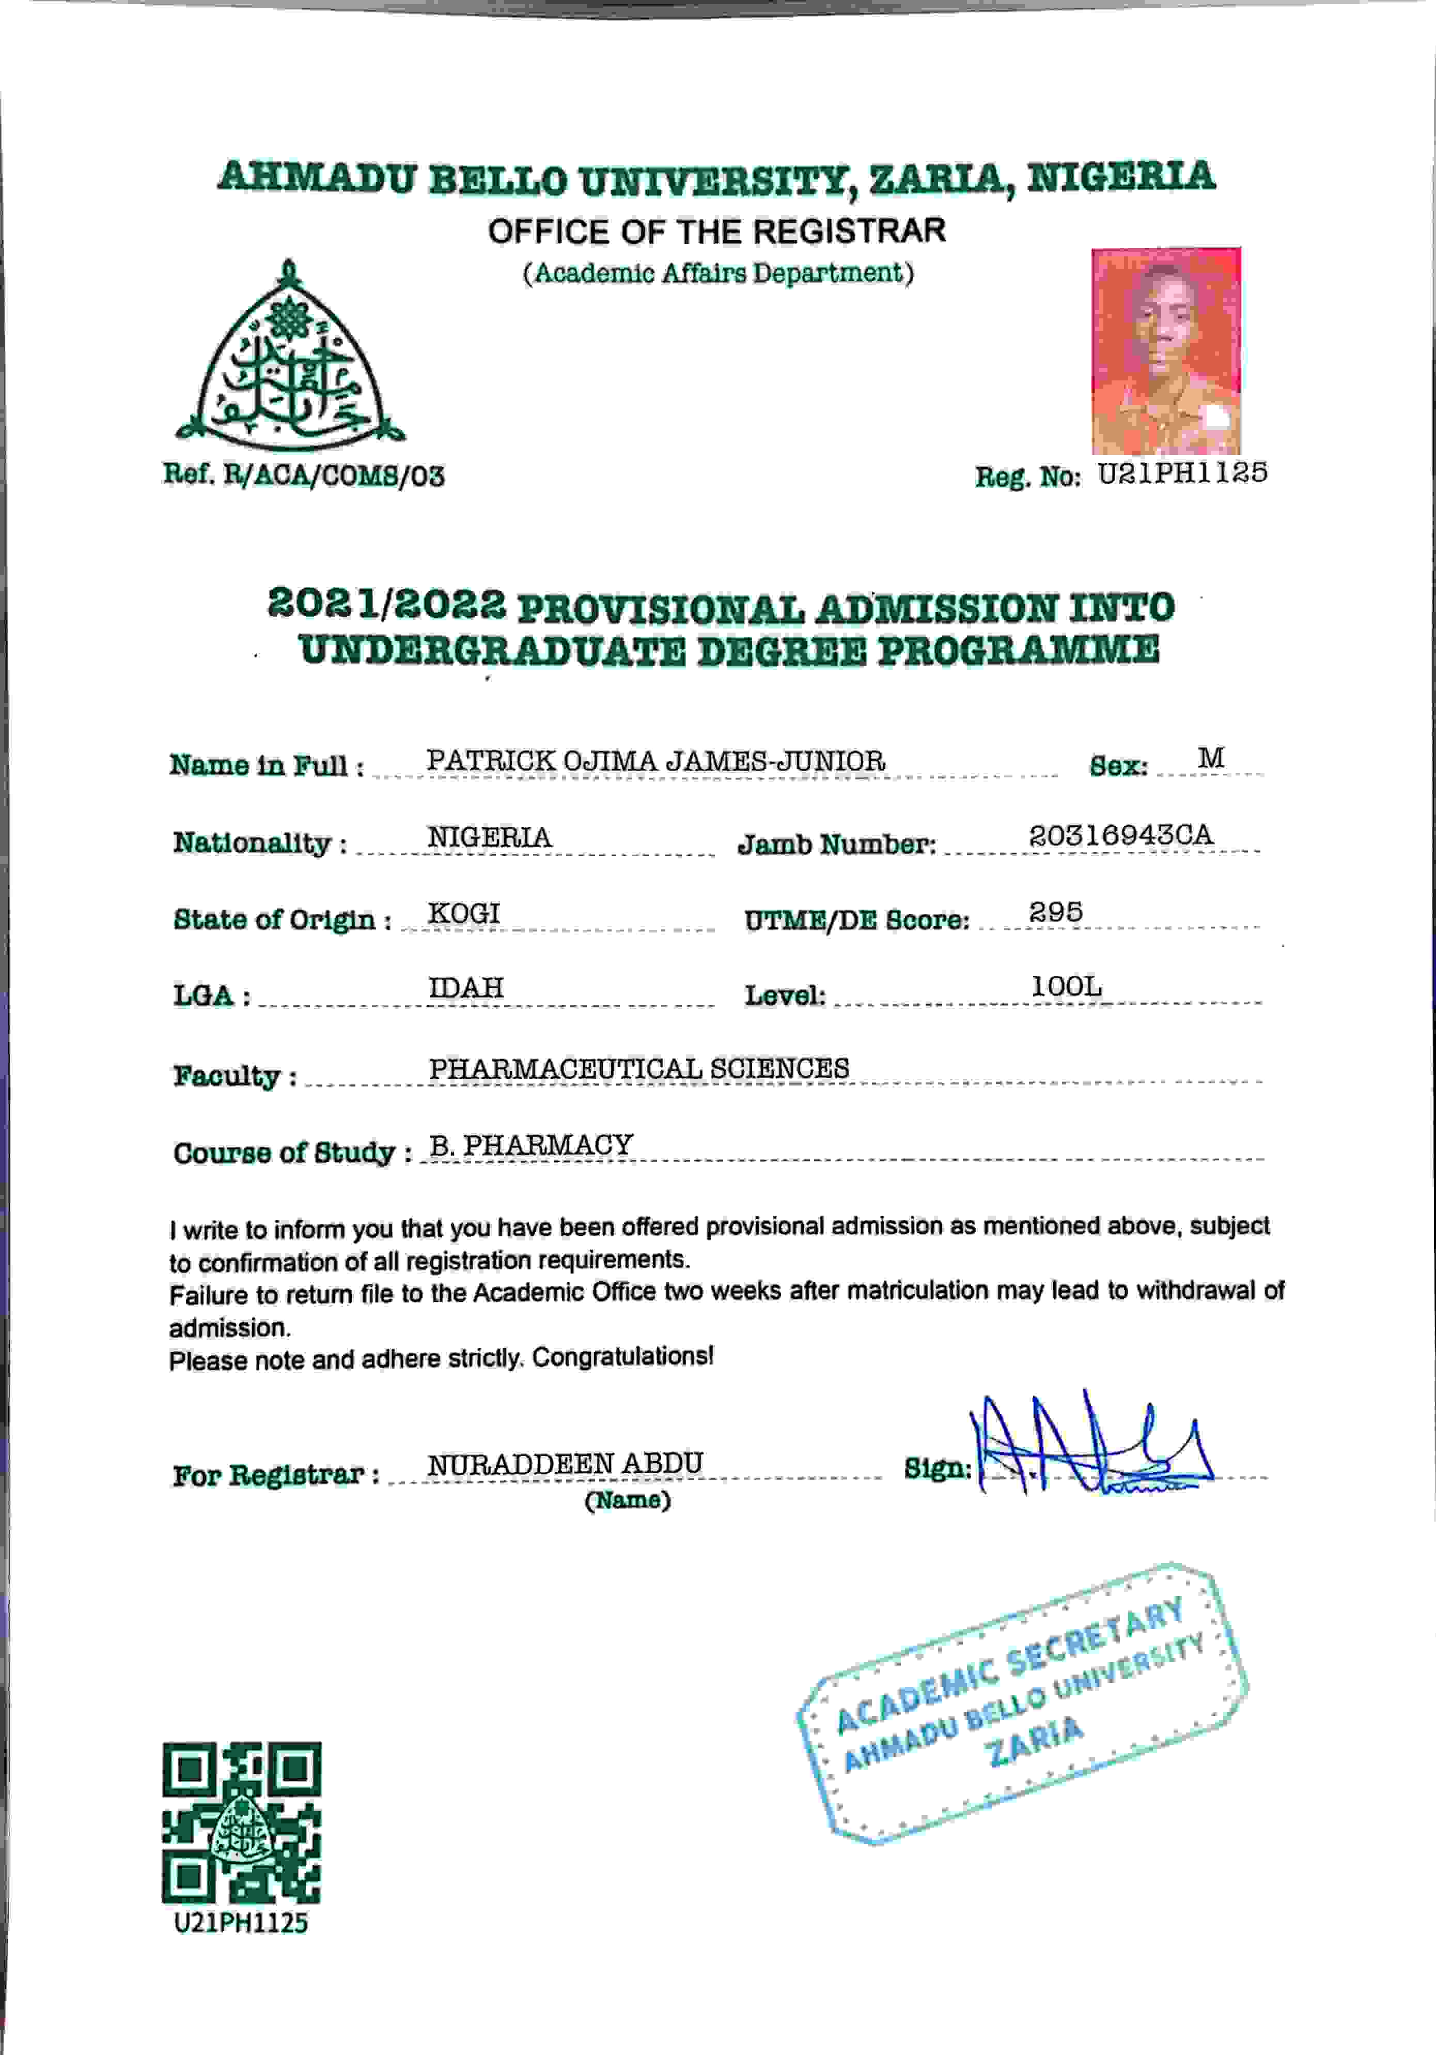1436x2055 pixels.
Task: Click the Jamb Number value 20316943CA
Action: [x=1120, y=835]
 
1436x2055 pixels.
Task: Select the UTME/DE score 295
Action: [x=1056, y=912]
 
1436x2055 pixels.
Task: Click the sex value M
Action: [x=1211, y=758]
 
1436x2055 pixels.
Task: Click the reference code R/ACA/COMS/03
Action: [x=333, y=476]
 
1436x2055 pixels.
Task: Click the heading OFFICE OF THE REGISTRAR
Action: [x=716, y=232]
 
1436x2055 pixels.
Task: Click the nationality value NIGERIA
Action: [x=489, y=837]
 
